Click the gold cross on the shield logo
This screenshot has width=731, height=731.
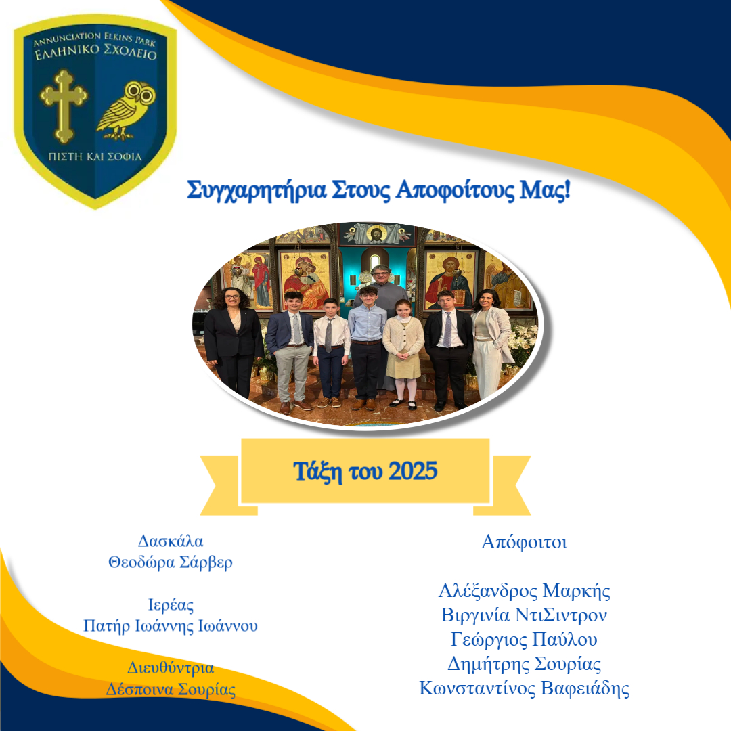click(x=64, y=106)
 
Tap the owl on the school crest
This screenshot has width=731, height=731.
click(x=126, y=110)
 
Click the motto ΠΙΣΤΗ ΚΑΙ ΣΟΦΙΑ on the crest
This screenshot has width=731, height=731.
click(x=95, y=156)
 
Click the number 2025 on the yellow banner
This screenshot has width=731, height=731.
click(x=413, y=471)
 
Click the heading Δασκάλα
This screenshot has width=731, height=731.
click(x=171, y=541)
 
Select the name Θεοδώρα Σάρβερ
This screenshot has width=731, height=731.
click(x=171, y=562)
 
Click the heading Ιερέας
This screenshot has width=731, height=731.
click(x=171, y=604)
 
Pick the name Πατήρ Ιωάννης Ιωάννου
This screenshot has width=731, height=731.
click(x=171, y=625)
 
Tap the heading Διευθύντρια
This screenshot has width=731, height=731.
click(x=171, y=668)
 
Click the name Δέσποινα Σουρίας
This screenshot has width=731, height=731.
click(x=171, y=689)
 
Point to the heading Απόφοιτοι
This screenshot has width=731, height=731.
click(x=524, y=542)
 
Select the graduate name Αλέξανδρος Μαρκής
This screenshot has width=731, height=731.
click(x=524, y=591)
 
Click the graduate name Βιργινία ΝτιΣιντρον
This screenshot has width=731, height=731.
click(x=524, y=615)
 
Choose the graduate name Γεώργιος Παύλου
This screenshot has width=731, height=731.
click(x=524, y=639)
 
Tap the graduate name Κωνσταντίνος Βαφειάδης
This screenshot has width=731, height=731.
click(x=524, y=688)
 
